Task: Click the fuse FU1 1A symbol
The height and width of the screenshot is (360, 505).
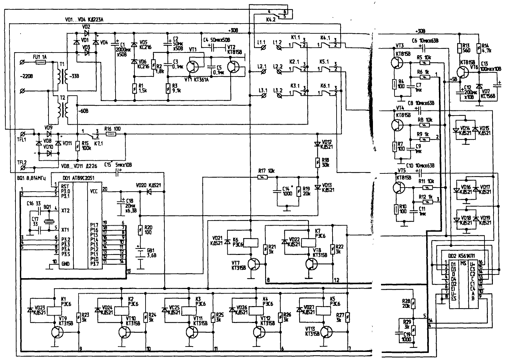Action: [x=41, y=62]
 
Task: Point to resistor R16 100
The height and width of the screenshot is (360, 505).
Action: [x=111, y=134]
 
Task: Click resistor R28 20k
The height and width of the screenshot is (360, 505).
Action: [x=414, y=303]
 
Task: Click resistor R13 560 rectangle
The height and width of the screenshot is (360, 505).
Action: [x=459, y=50]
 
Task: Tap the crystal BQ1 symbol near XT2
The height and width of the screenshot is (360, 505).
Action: [x=50, y=219]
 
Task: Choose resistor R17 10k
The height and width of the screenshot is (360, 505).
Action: [x=261, y=177]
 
